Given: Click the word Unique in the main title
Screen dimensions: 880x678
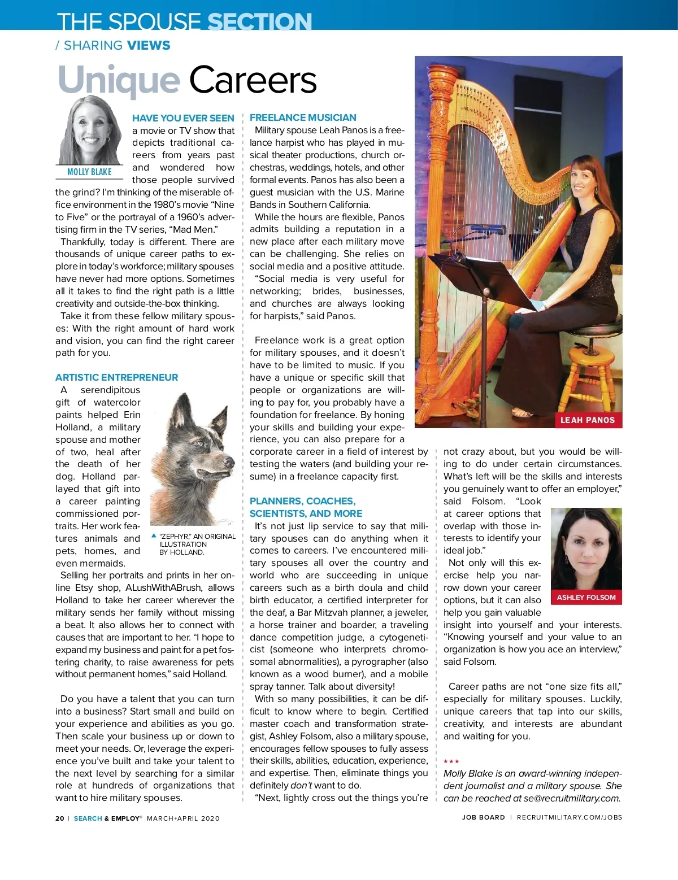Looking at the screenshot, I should (x=119, y=81).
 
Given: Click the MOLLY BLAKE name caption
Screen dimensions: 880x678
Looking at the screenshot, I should (x=89, y=172).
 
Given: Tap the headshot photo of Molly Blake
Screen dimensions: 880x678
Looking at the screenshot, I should (x=90, y=131).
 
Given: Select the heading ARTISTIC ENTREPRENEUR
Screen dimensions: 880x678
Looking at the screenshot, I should (x=116, y=377).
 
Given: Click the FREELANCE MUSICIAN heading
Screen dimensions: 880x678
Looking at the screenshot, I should (x=303, y=117).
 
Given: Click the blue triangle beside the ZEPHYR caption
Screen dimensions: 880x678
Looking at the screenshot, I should (x=154, y=535).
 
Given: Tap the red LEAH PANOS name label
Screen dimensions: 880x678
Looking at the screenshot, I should (x=587, y=420).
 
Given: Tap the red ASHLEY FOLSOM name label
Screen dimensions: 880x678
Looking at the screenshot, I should (x=586, y=598).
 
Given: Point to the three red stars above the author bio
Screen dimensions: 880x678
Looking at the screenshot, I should (x=451, y=761).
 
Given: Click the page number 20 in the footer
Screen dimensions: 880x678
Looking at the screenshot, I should (x=60, y=818).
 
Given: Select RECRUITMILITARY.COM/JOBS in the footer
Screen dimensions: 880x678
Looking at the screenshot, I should (x=569, y=817).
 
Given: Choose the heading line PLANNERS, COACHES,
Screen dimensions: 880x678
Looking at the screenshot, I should (x=302, y=501).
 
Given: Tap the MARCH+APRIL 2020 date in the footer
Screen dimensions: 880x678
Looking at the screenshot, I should (x=183, y=818).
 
